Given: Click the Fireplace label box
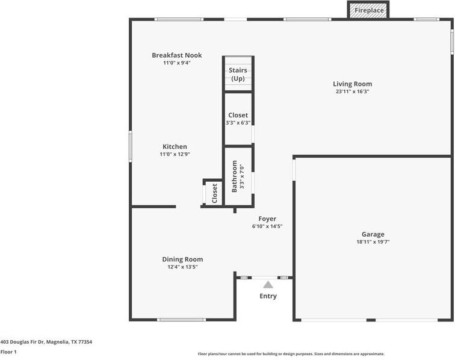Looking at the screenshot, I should click(x=368, y=10).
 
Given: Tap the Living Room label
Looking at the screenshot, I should click(x=353, y=84).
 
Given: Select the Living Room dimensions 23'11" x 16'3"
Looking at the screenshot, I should click(x=353, y=92).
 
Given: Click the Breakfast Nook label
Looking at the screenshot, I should click(x=176, y=55).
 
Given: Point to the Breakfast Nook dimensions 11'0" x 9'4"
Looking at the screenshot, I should click(x=176, y=63).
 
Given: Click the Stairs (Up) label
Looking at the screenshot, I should click(x=238, y=75).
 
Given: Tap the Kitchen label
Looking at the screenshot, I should click(x=175, y=146).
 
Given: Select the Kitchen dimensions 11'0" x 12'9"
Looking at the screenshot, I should click(x=175, y=154).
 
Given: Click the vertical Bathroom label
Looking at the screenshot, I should click(x=235, y=176).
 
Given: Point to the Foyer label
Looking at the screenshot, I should click(x=267, y=219).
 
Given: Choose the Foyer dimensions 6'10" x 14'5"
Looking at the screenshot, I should click(x=267, y=227).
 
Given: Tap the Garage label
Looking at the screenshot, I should click(x=373, y=234).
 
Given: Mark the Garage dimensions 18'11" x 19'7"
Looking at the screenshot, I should click(x=373, y=242).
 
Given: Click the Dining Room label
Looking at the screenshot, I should click(x=182, y=259).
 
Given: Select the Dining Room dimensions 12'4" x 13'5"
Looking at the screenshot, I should click(x=182, y=267).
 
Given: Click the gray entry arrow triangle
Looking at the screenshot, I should click(x=268, y=285).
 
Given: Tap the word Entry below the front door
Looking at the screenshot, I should click(x=268, y=296).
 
